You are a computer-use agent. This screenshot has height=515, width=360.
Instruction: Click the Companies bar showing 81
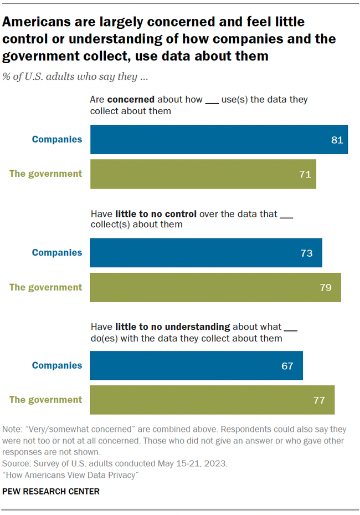click(x=219, y=140)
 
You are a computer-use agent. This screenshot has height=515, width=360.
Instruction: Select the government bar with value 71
click(x=203, y=174)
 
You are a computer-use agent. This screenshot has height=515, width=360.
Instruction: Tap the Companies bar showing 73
click(x=206, y=253)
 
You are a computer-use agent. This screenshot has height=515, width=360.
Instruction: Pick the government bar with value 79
click(x=215, y=287)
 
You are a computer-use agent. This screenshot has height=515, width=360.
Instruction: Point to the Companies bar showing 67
click(x=196, y=365)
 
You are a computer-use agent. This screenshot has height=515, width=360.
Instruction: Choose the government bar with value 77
click(x=212, y=400)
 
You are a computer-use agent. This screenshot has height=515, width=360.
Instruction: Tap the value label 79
click(x=325, y=287)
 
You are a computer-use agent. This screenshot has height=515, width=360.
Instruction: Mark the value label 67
click(x=287, y=365)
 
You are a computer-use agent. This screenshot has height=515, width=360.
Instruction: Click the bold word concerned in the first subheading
click(x=131, y=100)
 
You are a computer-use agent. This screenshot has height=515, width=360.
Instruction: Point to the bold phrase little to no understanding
click(x=172, y=327)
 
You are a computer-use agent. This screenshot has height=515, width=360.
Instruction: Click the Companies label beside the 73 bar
click(x=57, y=253)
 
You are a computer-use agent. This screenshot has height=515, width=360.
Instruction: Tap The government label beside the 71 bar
click(x=46, y=174)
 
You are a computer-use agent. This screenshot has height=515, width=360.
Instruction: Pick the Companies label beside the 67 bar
click(x=57, y=365)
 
